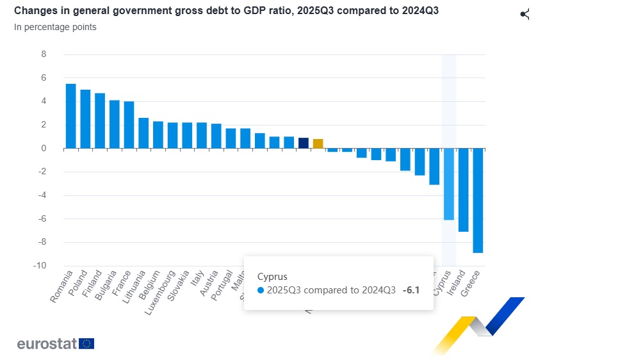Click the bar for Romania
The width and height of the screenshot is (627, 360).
tap(71, 116)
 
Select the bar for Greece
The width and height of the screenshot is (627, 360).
tap(478, 200)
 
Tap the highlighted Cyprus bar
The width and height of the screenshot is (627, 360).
tap(449, 184)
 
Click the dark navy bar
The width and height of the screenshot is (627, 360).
tap(304, 143)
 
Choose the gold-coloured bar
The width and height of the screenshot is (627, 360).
tap(318, 143)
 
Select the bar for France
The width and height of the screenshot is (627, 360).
tap(129, 125)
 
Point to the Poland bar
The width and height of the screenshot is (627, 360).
tap(85, 119)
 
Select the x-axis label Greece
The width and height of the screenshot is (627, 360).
tap(475, 284)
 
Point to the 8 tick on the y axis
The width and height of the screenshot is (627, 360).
tap(44, 54)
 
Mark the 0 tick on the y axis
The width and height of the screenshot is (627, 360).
tap(44, 149)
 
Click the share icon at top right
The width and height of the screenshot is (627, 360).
tap(525, 14)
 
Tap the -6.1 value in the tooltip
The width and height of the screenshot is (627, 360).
tap(411, 290)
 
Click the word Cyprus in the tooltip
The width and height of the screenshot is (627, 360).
tap(272, 276)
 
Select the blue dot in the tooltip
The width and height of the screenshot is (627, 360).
tap(261, 290)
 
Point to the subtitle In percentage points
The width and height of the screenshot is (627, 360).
tap(55, 28)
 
